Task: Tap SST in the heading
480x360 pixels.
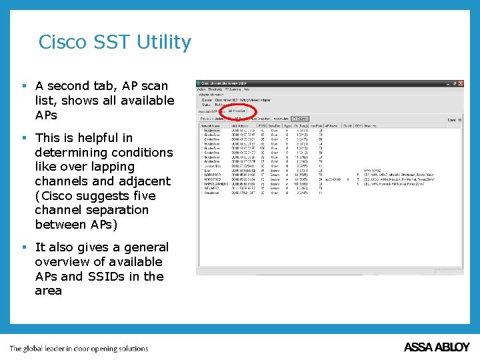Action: pos(113,42)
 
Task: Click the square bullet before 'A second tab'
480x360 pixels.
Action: pos(24,86)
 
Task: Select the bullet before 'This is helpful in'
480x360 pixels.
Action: pos(24,138)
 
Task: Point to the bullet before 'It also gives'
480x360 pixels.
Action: pos(24,247)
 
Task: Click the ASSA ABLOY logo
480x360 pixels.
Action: pos(437,347)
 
